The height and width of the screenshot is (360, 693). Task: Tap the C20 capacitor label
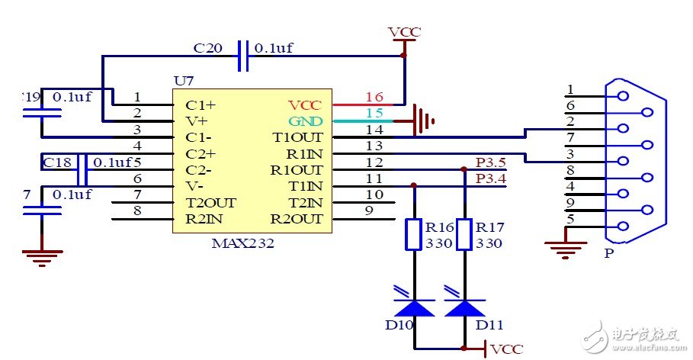(x=208, y=48)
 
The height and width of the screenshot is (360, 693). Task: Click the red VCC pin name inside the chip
(x=305, y=104)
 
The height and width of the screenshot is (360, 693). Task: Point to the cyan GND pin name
(x=305, y=121)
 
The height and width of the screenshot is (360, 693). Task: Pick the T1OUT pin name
(x=298, y=138)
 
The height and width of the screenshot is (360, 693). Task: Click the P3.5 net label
(x=489, y=162)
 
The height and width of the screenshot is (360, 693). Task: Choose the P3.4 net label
(x=489, y=178)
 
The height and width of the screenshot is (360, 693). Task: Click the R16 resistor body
(x=414, y=235)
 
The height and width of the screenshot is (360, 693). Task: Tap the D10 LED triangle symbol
(x=414, y=307)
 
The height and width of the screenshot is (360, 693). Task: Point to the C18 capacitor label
(x=58, y=162)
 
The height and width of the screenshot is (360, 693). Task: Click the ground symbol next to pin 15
(x=422, y=121)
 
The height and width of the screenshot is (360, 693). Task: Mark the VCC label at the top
(x=404, y=32)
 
